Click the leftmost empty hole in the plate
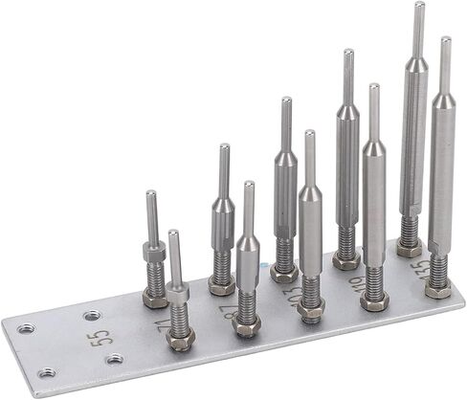(x=26, y=328)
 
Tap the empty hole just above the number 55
(x=92, y=315)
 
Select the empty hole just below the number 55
(x=116, y=359)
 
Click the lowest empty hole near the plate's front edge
(x=44, y=372)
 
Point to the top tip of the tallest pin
(x=419, y=6)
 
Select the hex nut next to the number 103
(x=310, y=308)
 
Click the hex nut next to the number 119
(x=374, y=300)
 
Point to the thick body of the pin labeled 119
(x=374, y=206)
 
